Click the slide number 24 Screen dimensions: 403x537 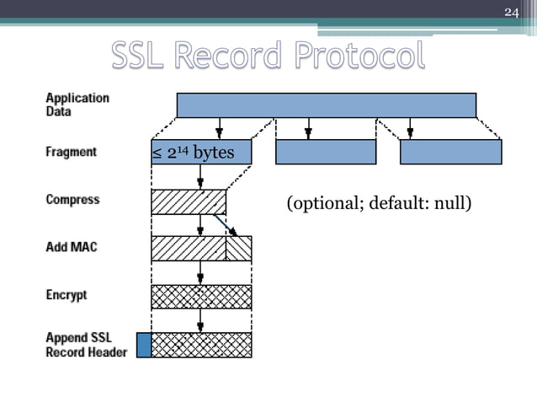(511, 12)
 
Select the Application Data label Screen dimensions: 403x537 (77, 104)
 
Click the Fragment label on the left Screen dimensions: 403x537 (72, 153)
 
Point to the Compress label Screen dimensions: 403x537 (72, 200)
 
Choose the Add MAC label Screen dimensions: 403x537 (72, 248)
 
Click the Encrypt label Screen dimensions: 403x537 (66, 295)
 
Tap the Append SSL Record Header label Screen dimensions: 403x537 (86, 345)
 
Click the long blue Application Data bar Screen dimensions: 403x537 (326, 105)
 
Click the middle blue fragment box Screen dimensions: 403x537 (326, 152)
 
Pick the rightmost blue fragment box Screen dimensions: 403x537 (450, 152)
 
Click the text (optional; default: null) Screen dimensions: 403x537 (378, 204)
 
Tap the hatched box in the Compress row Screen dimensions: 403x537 (188, 201)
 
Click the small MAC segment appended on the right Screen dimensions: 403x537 (239, 249)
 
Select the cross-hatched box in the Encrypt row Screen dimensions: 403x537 (201, 297)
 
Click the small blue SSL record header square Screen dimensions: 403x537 (144, 345)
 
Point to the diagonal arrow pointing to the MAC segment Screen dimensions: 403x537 (225, 225)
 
